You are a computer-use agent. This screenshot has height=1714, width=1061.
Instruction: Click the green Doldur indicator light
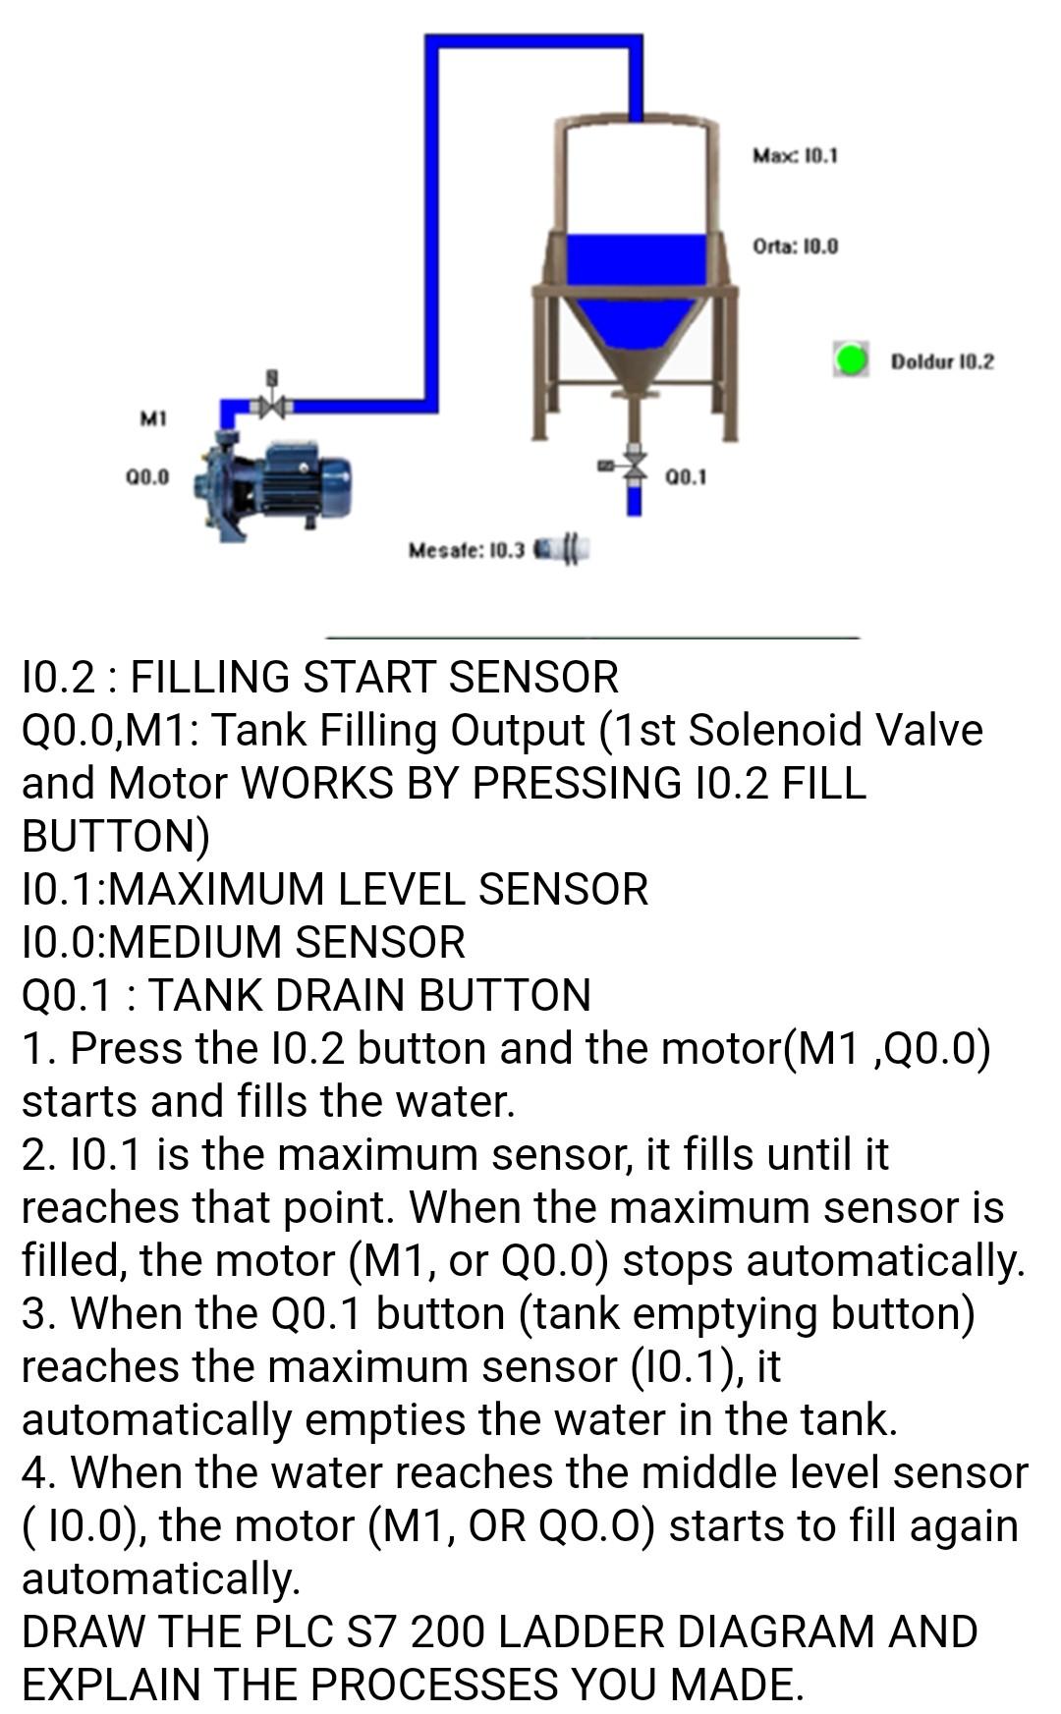point(851,359)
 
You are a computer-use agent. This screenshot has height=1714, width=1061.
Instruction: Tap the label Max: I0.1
point(795,155)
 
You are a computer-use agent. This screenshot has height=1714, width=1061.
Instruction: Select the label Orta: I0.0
point(795,246)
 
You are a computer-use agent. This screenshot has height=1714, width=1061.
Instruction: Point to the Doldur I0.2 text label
point(941,361)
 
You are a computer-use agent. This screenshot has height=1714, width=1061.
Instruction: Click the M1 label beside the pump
point(152,418)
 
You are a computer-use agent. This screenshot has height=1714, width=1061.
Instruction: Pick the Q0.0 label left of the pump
point(147,477)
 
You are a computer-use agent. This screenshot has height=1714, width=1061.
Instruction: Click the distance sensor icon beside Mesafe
point(562,548)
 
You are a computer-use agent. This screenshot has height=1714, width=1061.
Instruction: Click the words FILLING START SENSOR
point(374,678)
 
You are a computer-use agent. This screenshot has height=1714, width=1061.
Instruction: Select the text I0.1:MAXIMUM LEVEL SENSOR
point(335,889)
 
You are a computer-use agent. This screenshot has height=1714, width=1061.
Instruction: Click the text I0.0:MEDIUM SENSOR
point(244,942)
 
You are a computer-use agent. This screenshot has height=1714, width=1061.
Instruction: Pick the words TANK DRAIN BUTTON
point(369,995)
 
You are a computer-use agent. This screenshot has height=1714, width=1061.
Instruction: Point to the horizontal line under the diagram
point(592,638)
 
